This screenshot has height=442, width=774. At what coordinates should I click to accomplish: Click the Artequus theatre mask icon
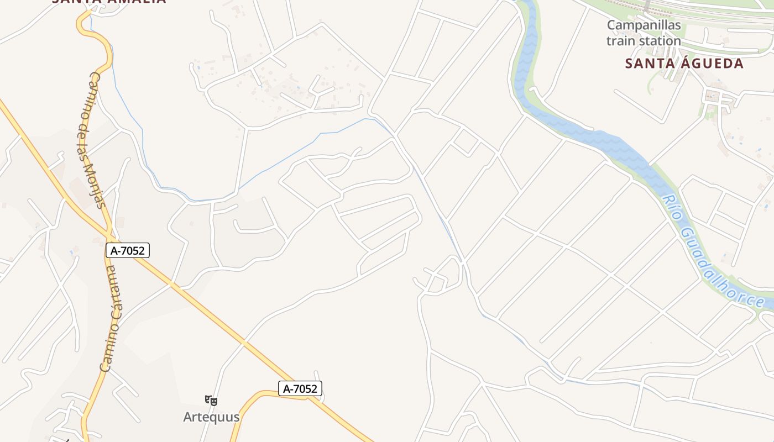pyautogui.click(x=211, y=401)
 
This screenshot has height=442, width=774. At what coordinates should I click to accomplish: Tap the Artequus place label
pyautogui.click(x=212, y=417)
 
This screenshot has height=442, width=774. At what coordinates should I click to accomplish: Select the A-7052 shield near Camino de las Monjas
pyautogui.click(x=128, y=250)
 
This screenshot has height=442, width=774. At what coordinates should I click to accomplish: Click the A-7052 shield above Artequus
pyautogui.click(x=300, y=388)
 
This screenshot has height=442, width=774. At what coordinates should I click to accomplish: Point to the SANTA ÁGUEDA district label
pyautogui.click(x=684, y=64)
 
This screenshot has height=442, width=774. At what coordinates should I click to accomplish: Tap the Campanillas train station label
pyautogui.click(x=644, y=33)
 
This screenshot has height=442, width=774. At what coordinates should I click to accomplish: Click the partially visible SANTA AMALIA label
pyautogui.click(x=109, y=2)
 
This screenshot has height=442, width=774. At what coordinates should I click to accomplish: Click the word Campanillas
pyautogui.click(x=644, y=25)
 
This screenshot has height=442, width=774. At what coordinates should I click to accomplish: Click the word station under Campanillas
pyautogui.click(x=660, y=40)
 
